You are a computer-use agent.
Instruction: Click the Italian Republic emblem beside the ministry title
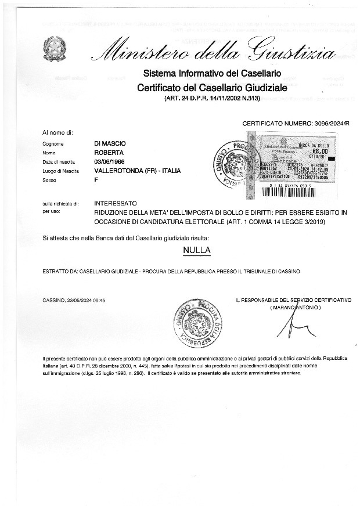click(x=55, y=48)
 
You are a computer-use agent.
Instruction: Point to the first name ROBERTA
click(x=109, y=153)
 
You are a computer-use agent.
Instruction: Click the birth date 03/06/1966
click(x=113, y=162)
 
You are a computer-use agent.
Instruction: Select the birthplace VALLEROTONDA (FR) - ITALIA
click(x=137, y=171)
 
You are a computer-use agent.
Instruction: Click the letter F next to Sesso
click(x=96, y=181)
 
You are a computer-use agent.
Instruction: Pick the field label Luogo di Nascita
click(x=60, y=171)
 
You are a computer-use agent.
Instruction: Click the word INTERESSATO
click(x=116, y=204)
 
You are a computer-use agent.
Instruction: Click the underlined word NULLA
click(x=196, y=250)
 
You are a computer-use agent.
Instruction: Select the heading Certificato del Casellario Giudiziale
click(x=212, y=88)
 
